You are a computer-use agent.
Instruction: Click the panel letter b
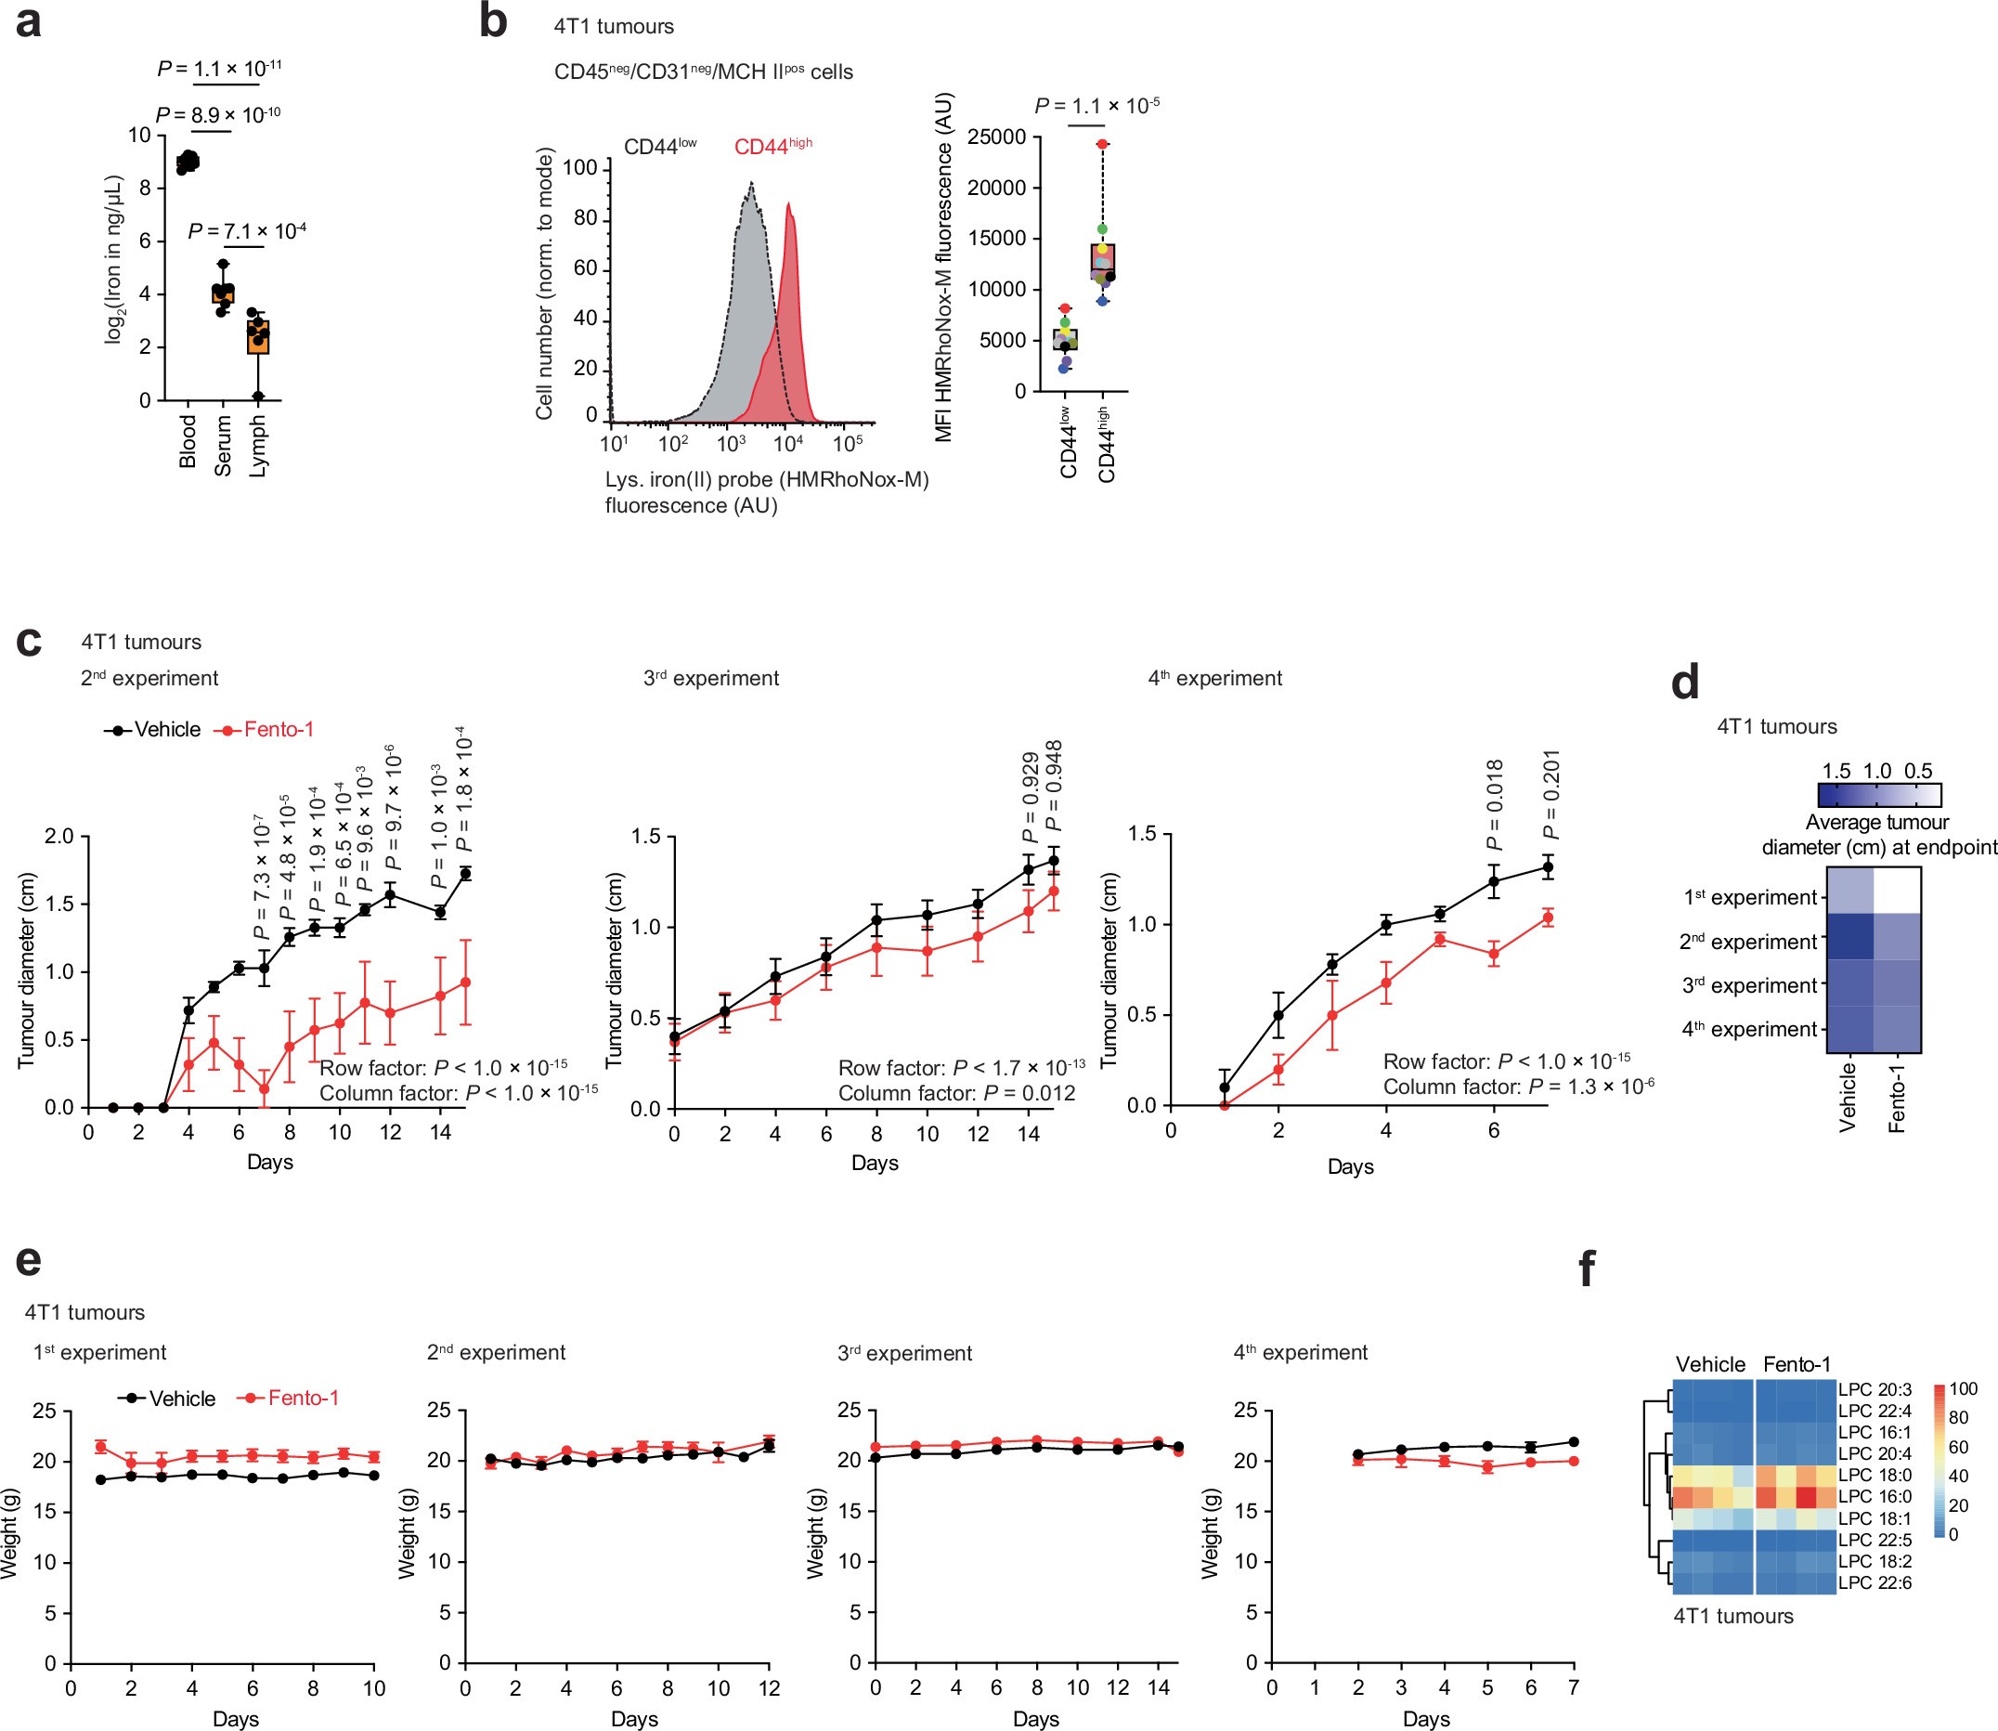click(492, 22)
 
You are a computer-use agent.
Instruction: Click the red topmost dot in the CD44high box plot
click(1102, 144)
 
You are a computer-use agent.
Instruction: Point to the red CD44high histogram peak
click(789, 206)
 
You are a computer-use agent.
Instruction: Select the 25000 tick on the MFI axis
click(996, 137)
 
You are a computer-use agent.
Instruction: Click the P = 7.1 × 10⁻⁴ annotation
click(247, 232)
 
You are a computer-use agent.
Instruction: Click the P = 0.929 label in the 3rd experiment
click(1031, 798)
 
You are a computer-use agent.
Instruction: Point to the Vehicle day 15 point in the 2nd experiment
click(465, 873)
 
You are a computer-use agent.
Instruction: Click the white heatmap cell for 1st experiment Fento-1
click(1897, 891)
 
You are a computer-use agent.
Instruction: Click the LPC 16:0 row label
click(1875, 1496)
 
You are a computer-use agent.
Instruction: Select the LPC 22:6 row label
click(1875, 1582)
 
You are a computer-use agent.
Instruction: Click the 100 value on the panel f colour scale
click(1964, 1390)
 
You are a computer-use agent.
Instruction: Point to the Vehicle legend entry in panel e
click(182, 1399)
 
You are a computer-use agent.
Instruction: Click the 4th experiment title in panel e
click(1300, 1353)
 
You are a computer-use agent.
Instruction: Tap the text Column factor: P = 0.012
click(956, 1093)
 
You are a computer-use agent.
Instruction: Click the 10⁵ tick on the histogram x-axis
click(847, 444)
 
